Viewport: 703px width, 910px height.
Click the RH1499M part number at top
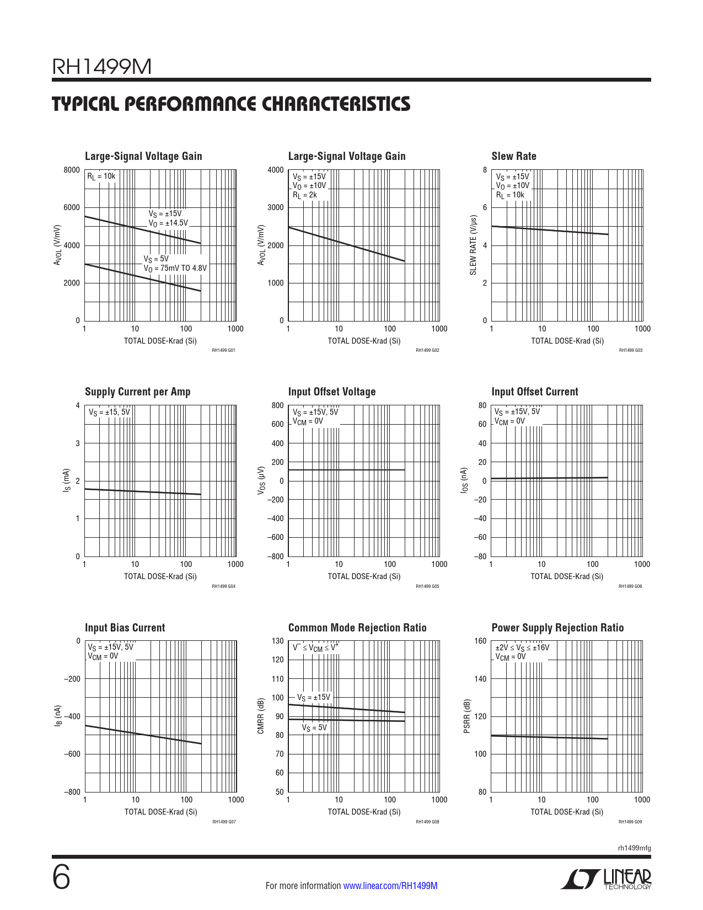101,67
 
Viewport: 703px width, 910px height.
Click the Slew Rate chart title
513,157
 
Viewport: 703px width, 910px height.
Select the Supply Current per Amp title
137,392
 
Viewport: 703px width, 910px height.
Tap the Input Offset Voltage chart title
331,392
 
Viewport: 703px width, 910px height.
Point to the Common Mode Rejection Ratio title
357,628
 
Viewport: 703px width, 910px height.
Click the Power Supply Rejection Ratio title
557,628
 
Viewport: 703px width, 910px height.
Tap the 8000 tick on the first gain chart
72,170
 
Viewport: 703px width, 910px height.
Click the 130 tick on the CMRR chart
278,641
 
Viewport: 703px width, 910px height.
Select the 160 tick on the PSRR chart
481,641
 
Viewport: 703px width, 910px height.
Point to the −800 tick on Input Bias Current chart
72,792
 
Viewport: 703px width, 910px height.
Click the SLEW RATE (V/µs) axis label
473,245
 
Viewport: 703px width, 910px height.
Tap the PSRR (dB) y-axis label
467,716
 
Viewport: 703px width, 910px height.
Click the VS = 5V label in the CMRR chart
314,728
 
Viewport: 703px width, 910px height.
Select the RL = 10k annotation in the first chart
101,176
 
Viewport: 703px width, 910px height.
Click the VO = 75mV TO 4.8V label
175,269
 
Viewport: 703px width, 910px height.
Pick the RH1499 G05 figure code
427,586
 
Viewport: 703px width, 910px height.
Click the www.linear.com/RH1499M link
390,886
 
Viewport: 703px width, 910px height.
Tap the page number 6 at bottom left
61,877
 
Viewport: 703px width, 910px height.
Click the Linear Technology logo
606,879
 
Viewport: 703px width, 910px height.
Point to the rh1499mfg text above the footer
634,848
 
